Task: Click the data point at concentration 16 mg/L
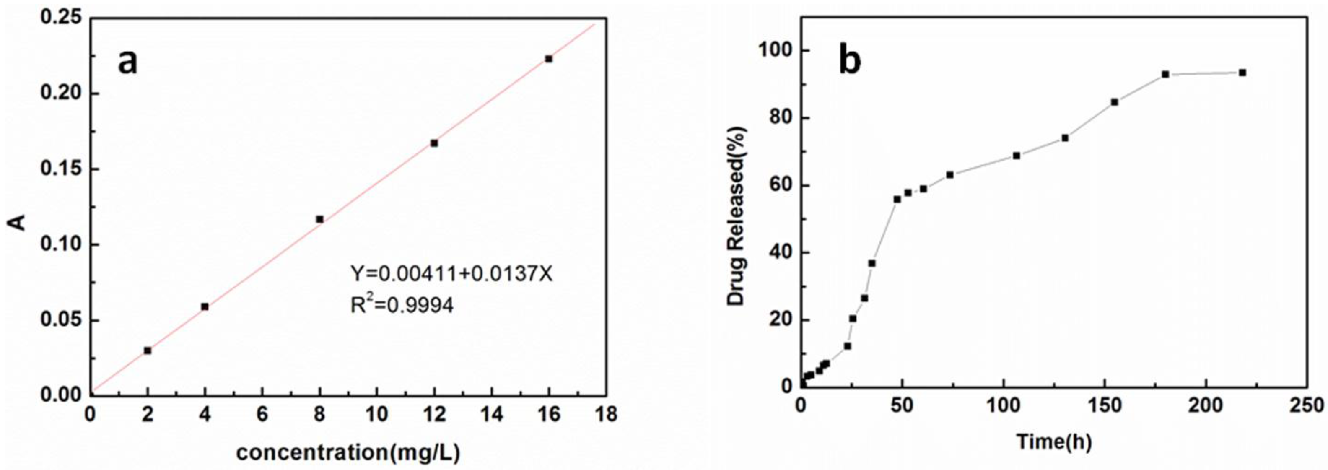549,59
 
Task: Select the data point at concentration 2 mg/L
148,351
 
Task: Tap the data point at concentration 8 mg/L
319,219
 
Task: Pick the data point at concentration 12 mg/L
434,143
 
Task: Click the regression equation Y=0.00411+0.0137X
451,274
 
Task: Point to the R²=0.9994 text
402,306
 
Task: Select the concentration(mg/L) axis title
348,452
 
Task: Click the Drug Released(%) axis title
736,216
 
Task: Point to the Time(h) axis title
1054,441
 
